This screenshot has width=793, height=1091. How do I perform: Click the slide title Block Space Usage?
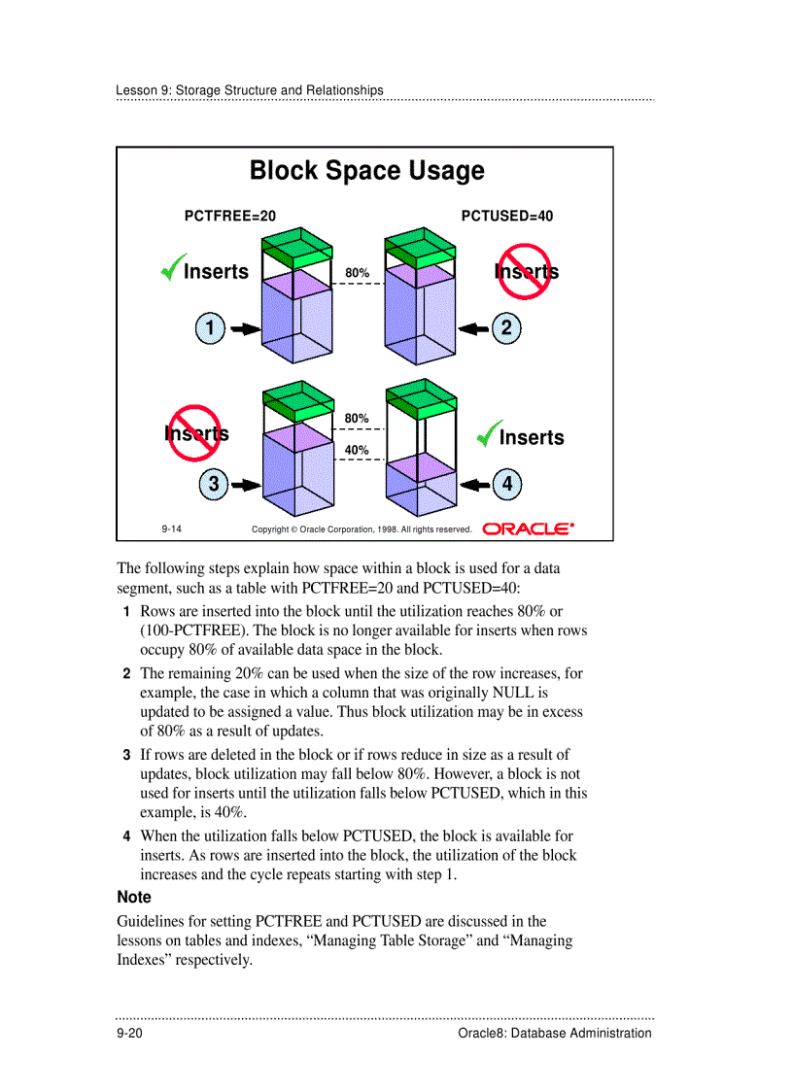[366, 171]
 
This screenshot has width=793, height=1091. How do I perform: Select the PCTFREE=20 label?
[223, 216]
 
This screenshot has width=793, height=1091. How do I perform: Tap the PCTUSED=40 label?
[506, 216]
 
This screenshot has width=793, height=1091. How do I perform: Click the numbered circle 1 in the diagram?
[209, 328]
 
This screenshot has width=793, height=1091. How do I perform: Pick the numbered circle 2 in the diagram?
[506, 328]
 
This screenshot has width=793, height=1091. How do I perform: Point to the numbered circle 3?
[213, 483]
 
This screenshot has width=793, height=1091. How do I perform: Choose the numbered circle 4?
[506, 483]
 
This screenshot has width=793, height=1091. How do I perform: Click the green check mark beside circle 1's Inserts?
[173, 268]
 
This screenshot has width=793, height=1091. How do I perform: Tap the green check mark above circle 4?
[489, 434]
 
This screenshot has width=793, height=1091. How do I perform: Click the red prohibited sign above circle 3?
[195, 432]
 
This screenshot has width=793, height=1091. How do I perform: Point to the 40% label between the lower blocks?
[357, 450]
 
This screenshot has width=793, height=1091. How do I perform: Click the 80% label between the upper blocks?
[357, 273]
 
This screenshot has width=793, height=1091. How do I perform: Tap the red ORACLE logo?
[529, 528]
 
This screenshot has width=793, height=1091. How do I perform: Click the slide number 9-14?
[172, 528]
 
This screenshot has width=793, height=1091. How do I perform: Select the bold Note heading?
[134, 898]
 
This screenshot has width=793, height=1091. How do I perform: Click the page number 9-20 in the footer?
[129, 1033]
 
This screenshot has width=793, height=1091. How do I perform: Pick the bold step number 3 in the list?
[126, 755]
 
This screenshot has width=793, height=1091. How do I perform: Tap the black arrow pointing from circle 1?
[244, 329]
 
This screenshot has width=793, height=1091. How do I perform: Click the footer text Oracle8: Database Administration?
[554, 1033]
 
